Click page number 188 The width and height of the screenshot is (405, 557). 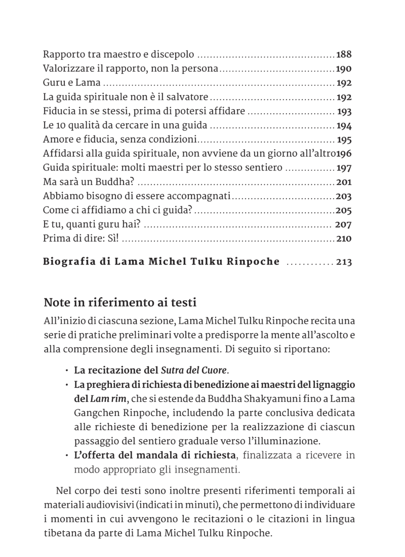[344, 55]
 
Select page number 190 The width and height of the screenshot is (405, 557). [344, 69]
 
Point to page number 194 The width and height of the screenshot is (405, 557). [344, 125]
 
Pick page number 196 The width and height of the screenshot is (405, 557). [344, 154]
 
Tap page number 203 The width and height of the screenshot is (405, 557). [344, 196]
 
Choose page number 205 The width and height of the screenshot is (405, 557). [344, 210]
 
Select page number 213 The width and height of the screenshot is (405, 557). [344, 262]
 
